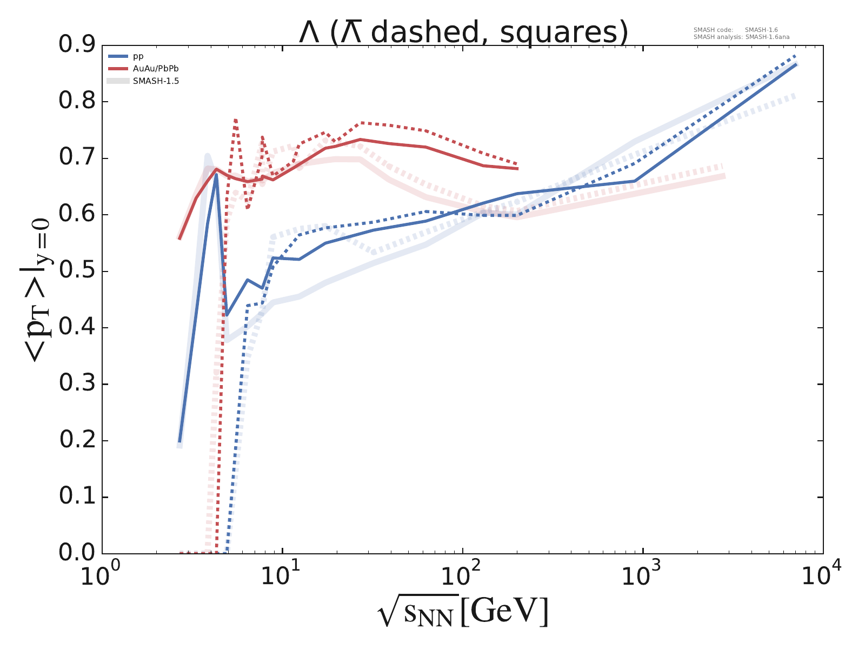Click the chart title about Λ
463,32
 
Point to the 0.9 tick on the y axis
80,45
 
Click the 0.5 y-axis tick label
80,271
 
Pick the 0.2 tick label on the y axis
80,441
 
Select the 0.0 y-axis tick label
80,554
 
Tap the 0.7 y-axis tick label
80,158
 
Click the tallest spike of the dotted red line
236,120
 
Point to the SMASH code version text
735,30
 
